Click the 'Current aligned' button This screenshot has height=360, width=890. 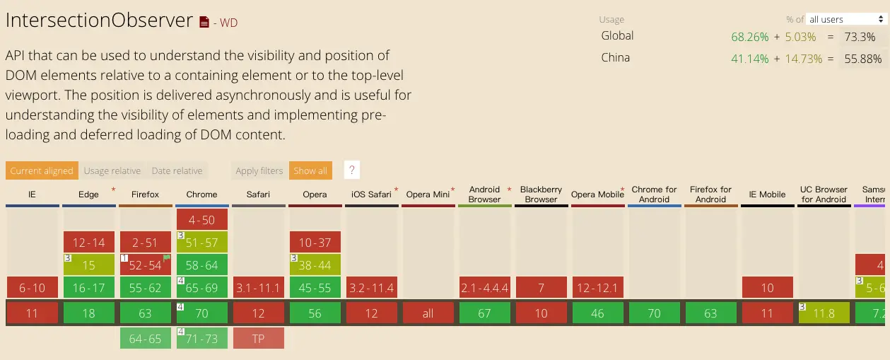pyautogui.click(x=42, y=170)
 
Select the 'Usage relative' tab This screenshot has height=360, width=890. pyautogui.click(x=112, y=170)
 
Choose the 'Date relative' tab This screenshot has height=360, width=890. pyautogui.click(x=177, y=170)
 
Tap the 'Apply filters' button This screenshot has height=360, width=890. pyautogui.click(x=259, y=170)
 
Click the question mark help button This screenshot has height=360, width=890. pyautogui.click(x=352, y=170)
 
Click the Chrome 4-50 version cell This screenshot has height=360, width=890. pyautogui.click(x=202, y=219)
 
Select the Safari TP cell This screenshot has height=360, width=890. pyautogui.click(x=259, y=338)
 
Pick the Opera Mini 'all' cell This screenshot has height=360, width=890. pyautogui.click(x=428, y=313)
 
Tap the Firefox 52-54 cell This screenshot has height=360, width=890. pyautogui.click(x=146, y=265)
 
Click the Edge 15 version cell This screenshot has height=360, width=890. pyautogui.click(x=89, y=265)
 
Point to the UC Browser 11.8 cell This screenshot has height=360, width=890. pyautogui.click(x=824, y=313)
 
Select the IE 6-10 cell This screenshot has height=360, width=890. pyautogui.click(x=33, y=287)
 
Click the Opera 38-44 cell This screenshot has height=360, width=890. pyautogui.click(x=315, y=265)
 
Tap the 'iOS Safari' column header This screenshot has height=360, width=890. pyautogui.click(x=371, y=194)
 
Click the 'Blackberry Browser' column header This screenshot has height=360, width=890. pyautogui.click(x=541, y=194)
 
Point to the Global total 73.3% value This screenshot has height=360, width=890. pyautogui.click(x=859, y=37)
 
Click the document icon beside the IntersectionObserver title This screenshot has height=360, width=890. pyautogui.click(x=204, y=22)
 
